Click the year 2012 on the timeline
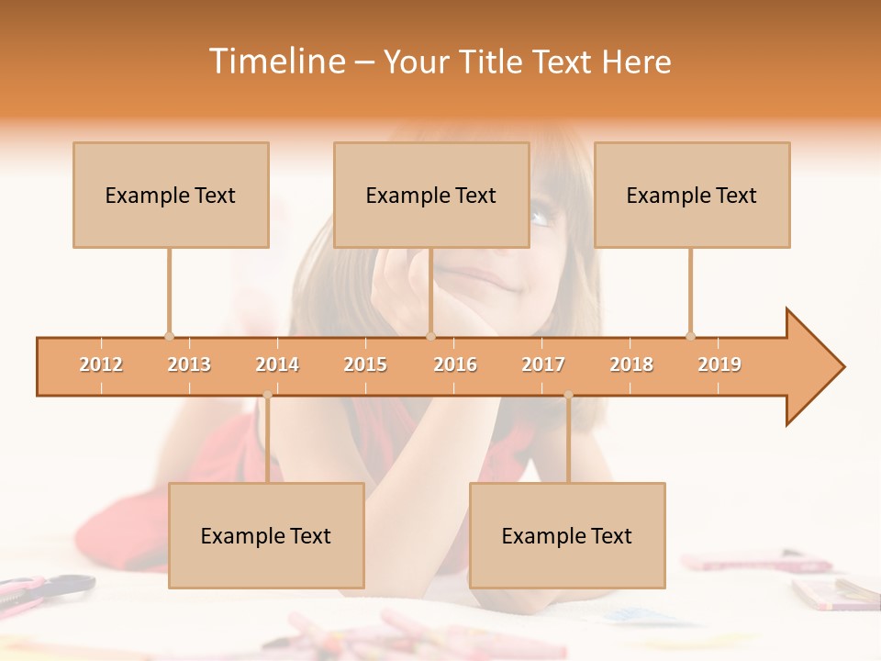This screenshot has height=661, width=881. click(101, 364)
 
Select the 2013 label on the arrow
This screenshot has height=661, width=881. click(189, 364)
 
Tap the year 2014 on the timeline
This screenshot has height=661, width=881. click(277, 364)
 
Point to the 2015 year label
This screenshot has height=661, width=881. click(365, 364)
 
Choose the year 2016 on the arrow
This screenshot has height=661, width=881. click(455, 364)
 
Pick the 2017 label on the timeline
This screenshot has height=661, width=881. click(543, 364)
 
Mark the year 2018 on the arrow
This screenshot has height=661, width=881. click(631, 364)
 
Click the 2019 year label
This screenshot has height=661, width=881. click(719, 364)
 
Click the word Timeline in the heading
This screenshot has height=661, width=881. click(274, 62)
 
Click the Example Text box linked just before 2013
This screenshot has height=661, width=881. click(171, 195)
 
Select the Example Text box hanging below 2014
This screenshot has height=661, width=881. click(266, 535)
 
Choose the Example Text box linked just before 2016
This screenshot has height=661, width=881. click(431, 195)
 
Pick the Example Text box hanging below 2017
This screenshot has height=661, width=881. click(567, 535)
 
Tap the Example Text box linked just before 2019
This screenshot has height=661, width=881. click(692, 195)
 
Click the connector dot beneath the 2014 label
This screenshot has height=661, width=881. click(267, 395)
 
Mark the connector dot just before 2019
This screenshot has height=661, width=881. click(690, 336)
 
